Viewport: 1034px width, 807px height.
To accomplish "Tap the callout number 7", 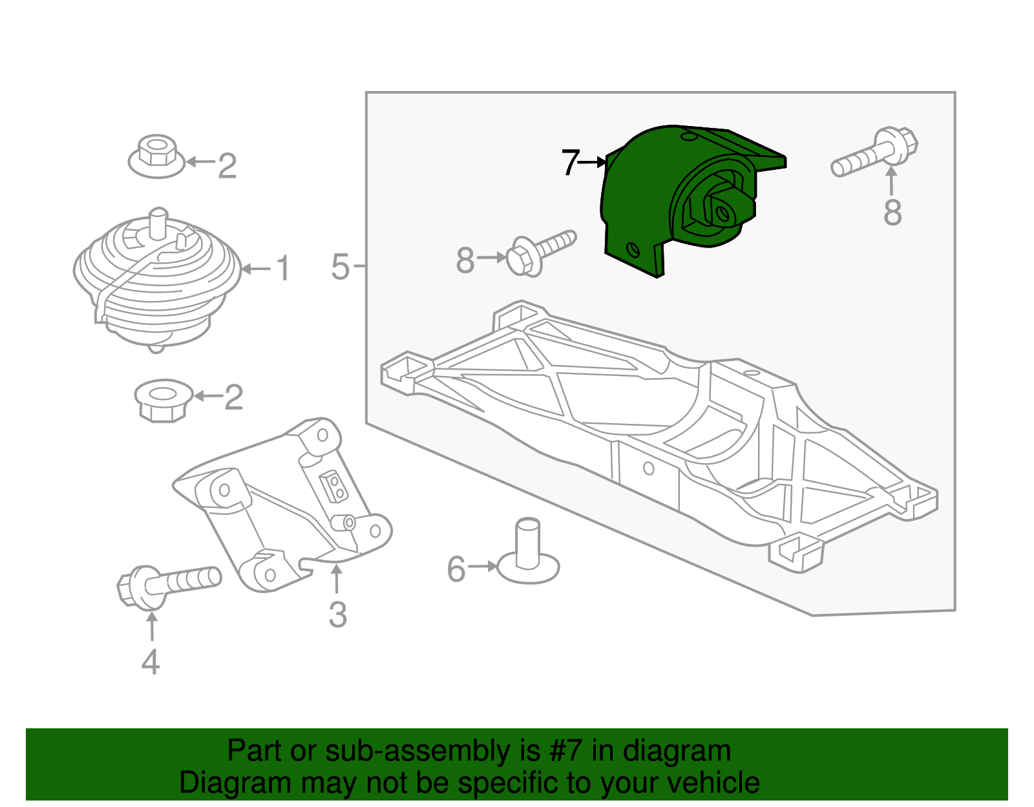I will [x=570, y=163].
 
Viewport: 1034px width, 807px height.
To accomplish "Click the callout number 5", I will [x=340, y=267].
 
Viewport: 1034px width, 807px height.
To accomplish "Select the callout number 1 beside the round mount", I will [x=282, y=269].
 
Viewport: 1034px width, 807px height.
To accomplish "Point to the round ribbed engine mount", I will [x=157, y=278].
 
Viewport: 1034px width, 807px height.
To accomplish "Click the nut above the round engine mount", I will [x=156, y=157].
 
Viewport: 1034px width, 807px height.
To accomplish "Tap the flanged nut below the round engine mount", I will [x=164, y=400].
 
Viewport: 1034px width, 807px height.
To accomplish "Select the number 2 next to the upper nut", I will [x=227, y=166].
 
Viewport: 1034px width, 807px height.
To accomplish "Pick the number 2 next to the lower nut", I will [x=233, y=397].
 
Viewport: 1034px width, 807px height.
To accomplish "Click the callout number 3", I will [x=337, y=614].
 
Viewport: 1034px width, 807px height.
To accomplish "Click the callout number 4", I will [x=151, y=662].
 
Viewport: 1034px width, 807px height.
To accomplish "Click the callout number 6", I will [x=456, y=569].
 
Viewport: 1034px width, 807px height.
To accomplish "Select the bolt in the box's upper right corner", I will [x=876, y=152].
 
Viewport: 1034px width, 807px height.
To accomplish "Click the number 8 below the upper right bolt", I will [x=892, y=212].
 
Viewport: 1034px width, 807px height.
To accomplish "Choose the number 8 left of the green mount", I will [x=465, y=261].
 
